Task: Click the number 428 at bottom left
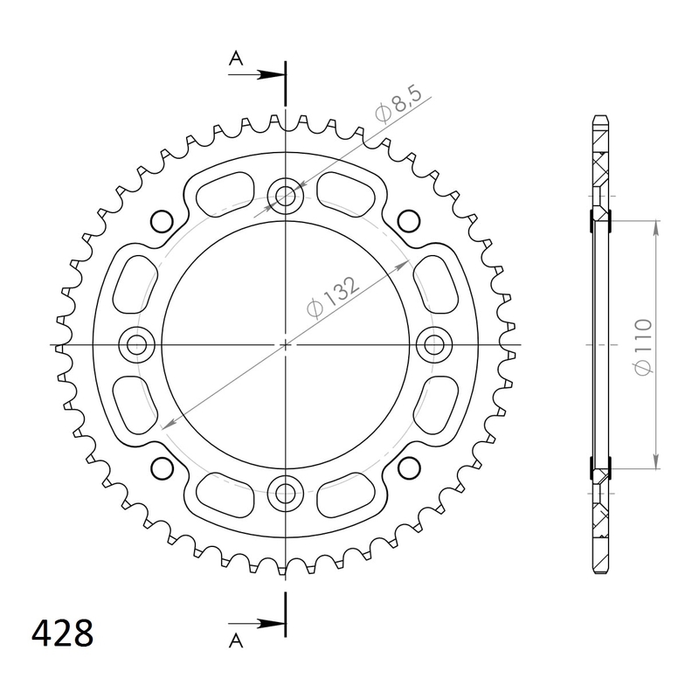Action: (x=62, y=633)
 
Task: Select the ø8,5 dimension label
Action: (x=401, y=108)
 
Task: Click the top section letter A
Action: (x=235, y=59)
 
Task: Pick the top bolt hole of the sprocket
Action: (x=285, y=196)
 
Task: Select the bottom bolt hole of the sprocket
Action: (x=285, y=495)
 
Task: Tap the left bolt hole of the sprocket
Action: (x=135, y=345)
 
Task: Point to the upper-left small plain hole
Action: (x=161, y=220)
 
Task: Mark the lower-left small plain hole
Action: (x=161, y=470)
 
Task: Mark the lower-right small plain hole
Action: (x=407, y=470)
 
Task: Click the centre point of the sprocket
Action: (x=285, y=345)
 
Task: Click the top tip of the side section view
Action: (x=600, y=117)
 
